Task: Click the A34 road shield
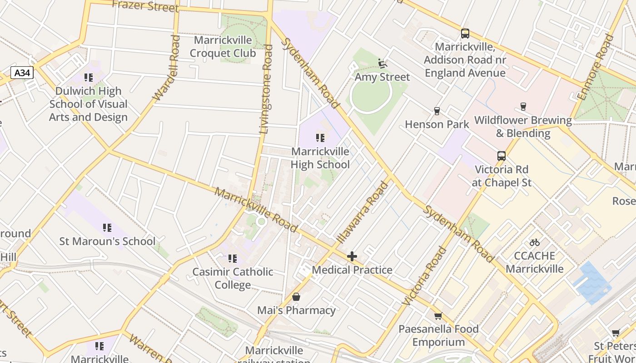[22, 73]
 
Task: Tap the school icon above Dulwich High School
[88, 78]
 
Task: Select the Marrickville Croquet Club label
[223, 47]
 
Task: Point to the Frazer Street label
[145, 6]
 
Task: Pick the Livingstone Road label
[266, 89]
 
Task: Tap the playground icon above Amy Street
[383, 64]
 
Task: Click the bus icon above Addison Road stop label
[465, 34]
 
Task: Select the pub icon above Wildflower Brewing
[523, 107]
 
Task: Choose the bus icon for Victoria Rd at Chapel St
[501, 156]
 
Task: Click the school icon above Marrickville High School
[320, 137]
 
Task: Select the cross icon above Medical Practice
[352, 256]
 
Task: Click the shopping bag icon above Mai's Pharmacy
[296, 297]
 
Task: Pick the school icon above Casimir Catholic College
[233, 259]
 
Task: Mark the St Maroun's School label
[107, 241]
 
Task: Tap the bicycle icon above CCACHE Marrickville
[535, 242]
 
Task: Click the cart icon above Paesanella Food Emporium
[438, 316]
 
